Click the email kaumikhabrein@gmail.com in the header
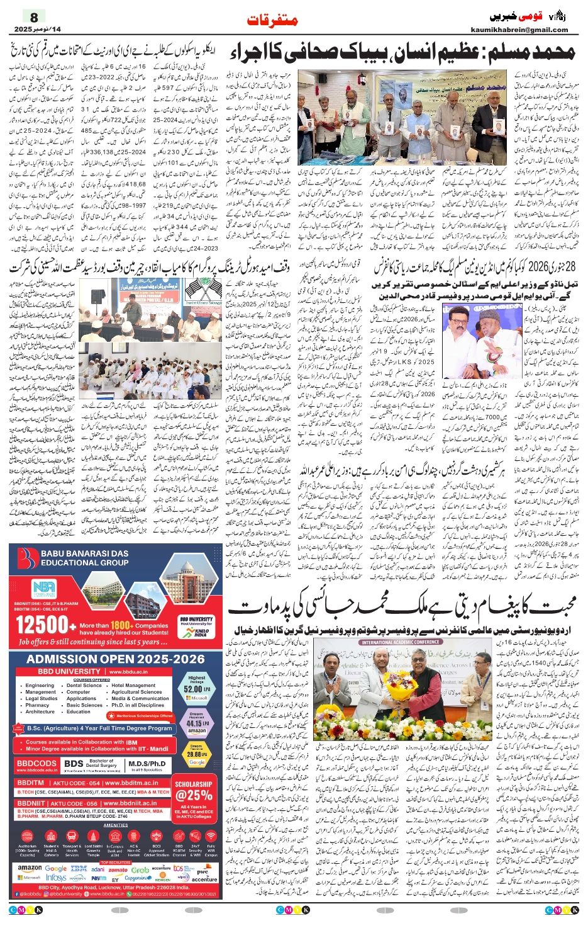(x=519, y=30)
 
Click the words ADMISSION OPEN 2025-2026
(x=116, y=659)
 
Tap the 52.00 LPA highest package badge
(x=196, y=688)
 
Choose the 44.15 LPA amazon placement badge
(x=196, y=723)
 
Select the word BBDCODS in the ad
(x=36, y=763)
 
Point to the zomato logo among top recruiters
(x=118, y=869)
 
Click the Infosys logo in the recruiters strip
(x=56, y=878)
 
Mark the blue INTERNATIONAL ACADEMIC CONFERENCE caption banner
(x=401, y=642)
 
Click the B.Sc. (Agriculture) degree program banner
(x=99, y=728)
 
